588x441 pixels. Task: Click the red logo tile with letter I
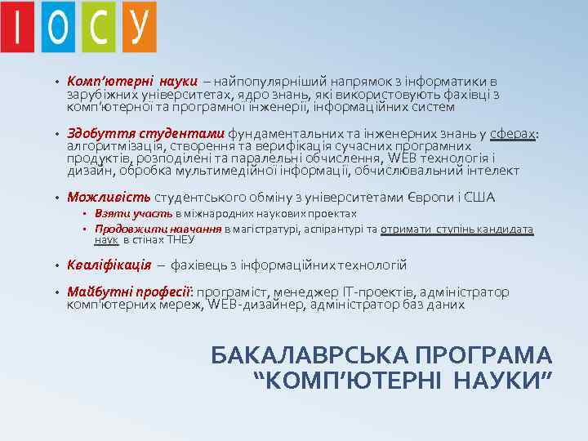tap(17, 28)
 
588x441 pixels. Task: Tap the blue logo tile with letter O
tap(57, 28)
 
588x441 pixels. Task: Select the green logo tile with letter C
tap(99, 28)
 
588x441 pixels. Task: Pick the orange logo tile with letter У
tap(139, 26)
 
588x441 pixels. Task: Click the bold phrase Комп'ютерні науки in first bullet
tap(132, 82)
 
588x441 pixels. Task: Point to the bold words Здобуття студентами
tap(146, 133)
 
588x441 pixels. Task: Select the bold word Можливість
tap(109, 198)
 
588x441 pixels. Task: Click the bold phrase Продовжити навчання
tap(158, 229)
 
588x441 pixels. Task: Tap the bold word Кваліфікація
tap(109, 265)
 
